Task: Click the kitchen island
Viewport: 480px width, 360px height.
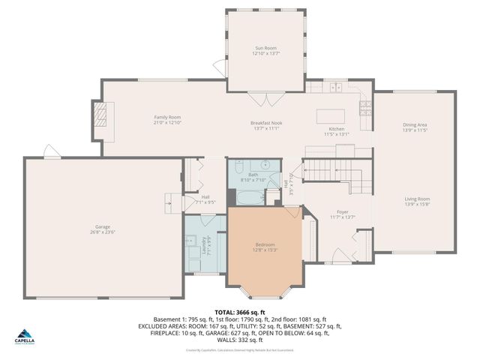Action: click(x=330, y=117)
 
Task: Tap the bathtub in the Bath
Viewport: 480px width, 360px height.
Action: click(x=250, y=197)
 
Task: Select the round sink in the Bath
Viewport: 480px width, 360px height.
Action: click(x=265, y=165)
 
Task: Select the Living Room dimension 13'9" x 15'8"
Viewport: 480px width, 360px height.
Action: click(x=415, y=203)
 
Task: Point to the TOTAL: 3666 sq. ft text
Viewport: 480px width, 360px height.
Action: click(x=239, y=312)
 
